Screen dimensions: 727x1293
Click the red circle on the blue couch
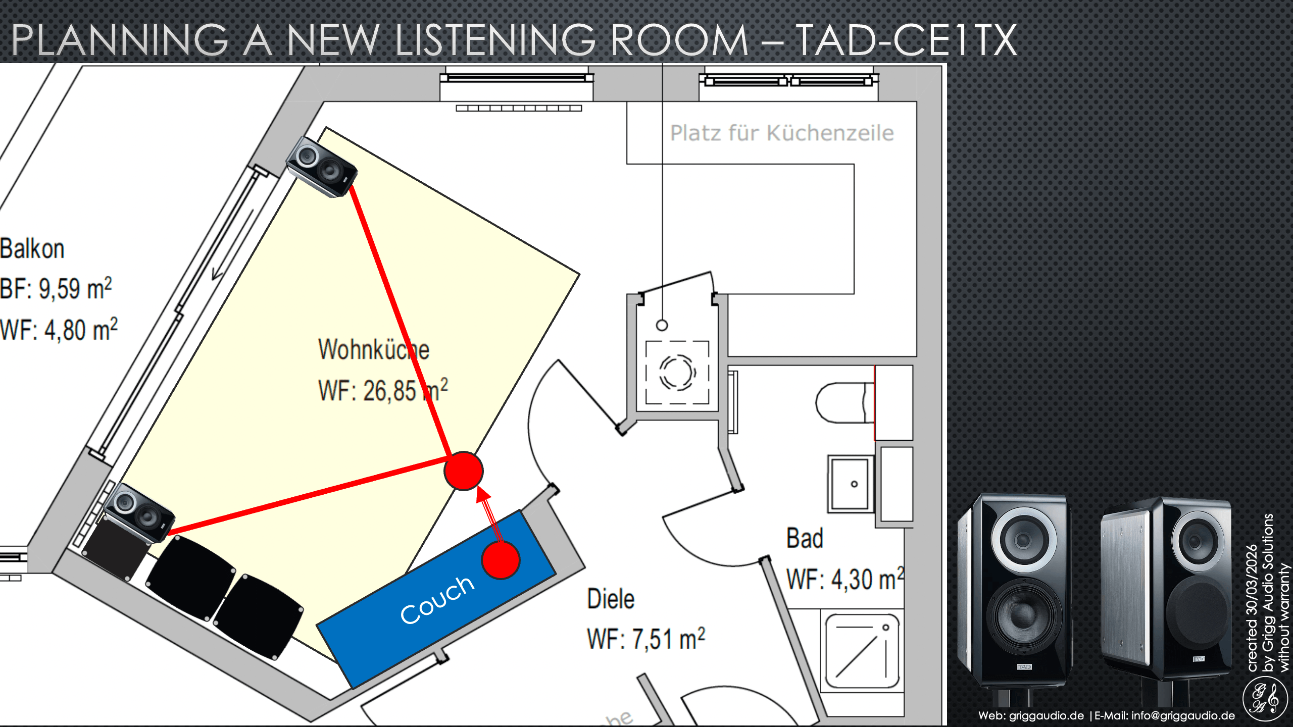500,560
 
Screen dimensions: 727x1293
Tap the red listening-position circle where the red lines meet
463,471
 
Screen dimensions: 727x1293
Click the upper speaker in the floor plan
321,166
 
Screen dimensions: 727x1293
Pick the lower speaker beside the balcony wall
139,513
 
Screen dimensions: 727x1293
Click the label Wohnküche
373,349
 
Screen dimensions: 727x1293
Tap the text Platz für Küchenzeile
781,133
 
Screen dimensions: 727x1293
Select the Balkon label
32,248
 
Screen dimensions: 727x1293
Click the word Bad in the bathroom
804,538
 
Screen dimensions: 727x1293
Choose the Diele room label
610,599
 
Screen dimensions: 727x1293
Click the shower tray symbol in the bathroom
862,651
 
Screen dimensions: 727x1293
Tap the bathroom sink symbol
851,484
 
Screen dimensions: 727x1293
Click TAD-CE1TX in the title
907,40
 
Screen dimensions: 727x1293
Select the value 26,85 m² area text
383,391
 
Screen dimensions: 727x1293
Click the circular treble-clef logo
1265,699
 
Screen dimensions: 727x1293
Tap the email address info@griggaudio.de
1183,715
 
